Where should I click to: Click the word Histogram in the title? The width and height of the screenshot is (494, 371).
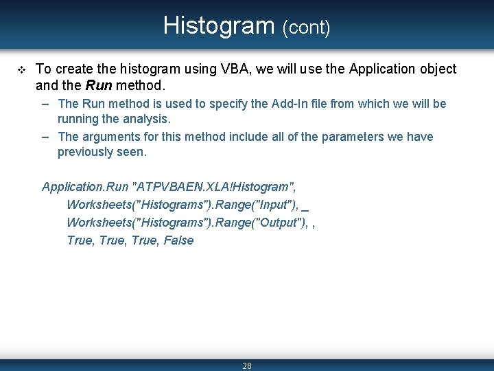[x=219, y=25]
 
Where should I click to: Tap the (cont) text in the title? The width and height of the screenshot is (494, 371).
[x=306, y=27]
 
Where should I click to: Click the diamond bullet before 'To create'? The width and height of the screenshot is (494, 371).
[x=19, y=69]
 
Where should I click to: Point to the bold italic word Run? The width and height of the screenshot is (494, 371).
[x=99, y=86]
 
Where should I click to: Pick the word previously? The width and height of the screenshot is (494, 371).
[x=85, y=152]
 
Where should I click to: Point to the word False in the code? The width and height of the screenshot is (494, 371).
[x=178, y=240]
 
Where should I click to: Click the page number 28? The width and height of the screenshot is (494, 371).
[x=247, y=366]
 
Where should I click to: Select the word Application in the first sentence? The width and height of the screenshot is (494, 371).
[x=380, y=69]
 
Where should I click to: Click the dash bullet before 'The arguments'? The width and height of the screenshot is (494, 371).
[x=45, y=137]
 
